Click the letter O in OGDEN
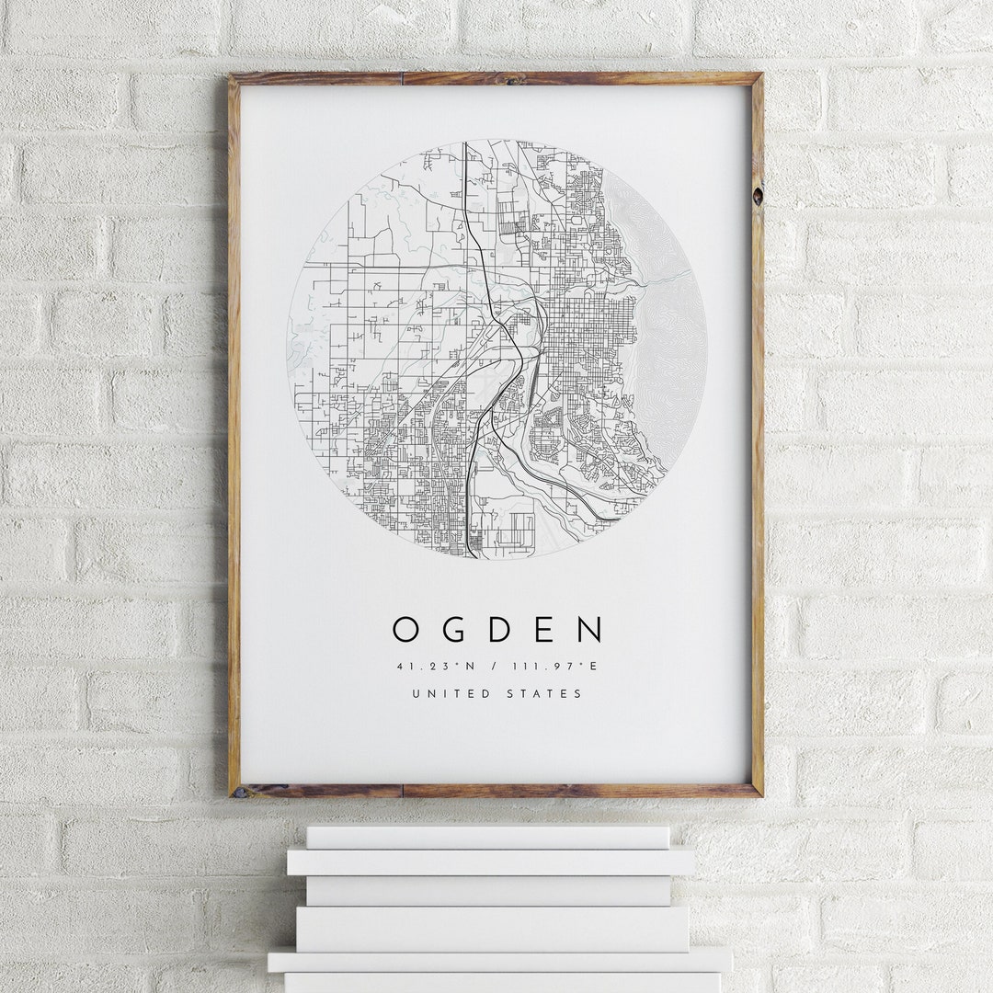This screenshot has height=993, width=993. [x=405, y=630]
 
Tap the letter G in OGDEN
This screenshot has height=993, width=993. [x=451, y=630]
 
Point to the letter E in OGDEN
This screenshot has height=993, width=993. [x=545, y=630]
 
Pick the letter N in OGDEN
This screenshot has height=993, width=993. [x=590, y=630]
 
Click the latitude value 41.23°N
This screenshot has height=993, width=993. [x=431, y=666]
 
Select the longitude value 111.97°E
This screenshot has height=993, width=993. [x=561, y=666]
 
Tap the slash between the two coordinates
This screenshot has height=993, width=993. [x=497, y=666]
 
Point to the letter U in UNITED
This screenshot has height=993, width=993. [x=416, y=693]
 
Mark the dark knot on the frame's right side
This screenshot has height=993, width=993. [x=757, y=196]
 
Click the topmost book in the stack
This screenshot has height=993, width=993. [x=487, y=837]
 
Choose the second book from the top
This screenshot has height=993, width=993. [x=490, y=862]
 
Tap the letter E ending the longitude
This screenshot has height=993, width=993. [x=594, y=666]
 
